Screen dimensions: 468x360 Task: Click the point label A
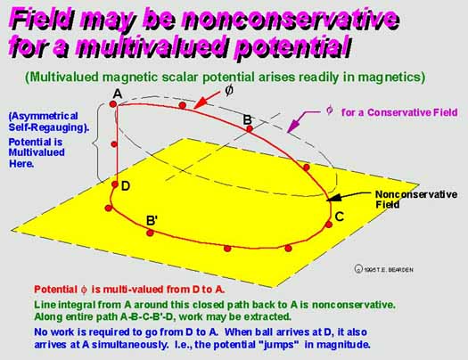(x=118, y=94)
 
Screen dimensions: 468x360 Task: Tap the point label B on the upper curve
(x=248, y=119)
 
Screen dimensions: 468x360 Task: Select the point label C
(x=340, y=217)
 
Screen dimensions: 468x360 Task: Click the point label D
(x=126, y=186)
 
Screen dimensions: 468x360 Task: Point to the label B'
(x=152, y=221)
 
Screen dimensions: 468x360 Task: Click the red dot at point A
(x=113, y=104)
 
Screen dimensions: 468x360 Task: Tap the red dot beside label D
(x=115, y=184)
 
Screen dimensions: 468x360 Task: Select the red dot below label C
(x=329, y=225)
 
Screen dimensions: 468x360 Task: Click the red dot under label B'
(x=150, y=233)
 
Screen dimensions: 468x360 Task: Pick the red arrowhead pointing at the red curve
(x=200, y=102)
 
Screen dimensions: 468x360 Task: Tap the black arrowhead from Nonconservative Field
(x=334, y=198)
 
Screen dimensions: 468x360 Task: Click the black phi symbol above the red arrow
(x=229, y=90)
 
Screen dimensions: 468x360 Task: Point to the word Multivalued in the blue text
(x=37, y=152)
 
